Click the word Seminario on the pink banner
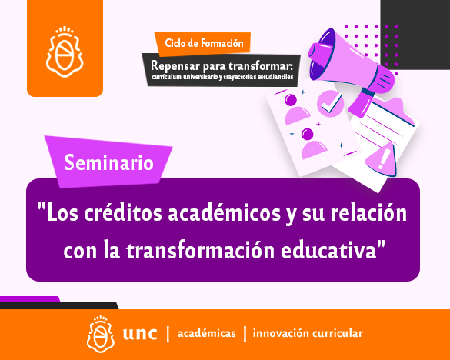click(108, 162)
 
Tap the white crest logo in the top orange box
click(65, 52)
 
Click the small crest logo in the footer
click(101, 334)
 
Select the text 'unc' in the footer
click(140, 334)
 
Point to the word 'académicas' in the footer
click(207, 333)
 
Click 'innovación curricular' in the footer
click(308, 333)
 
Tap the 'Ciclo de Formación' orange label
click(204, 43)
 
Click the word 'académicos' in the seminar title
click(224, 213)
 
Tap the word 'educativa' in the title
click(328, 250)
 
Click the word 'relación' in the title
click(368, 213)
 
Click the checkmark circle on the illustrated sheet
click(330, 104)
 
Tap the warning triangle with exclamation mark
click(382, 160)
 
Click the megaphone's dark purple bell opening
click(322, 54)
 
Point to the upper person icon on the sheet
click(295, 109)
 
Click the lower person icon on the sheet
click(313, 143)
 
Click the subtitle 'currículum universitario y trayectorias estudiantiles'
click(222, 77)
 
